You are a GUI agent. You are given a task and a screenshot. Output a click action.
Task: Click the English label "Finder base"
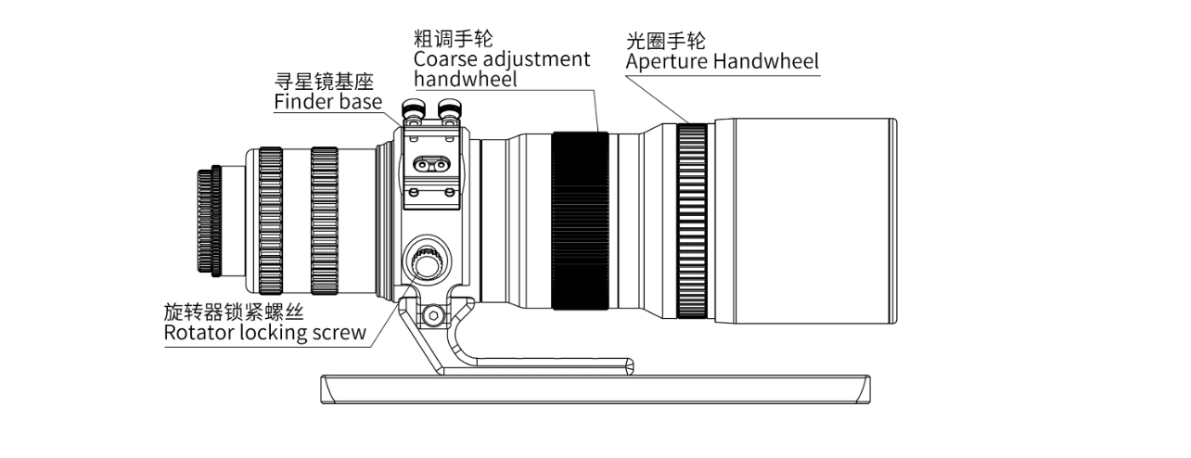pos(327,102)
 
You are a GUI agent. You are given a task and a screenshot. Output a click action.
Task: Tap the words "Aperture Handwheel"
pos(722,62)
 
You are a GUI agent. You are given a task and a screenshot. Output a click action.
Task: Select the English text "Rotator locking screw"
pos(264,333)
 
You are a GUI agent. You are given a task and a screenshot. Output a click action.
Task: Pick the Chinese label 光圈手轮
pos(665,41)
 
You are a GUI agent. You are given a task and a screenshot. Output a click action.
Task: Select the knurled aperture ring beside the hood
pos(691,221)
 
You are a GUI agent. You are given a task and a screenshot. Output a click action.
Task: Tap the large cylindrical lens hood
pos(802,221)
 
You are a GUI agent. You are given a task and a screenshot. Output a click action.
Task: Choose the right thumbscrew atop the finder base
pos(450,112)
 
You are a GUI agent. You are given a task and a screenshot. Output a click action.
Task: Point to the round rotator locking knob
pos(427,263)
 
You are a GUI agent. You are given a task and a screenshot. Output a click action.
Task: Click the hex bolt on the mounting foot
pos(431,317)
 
